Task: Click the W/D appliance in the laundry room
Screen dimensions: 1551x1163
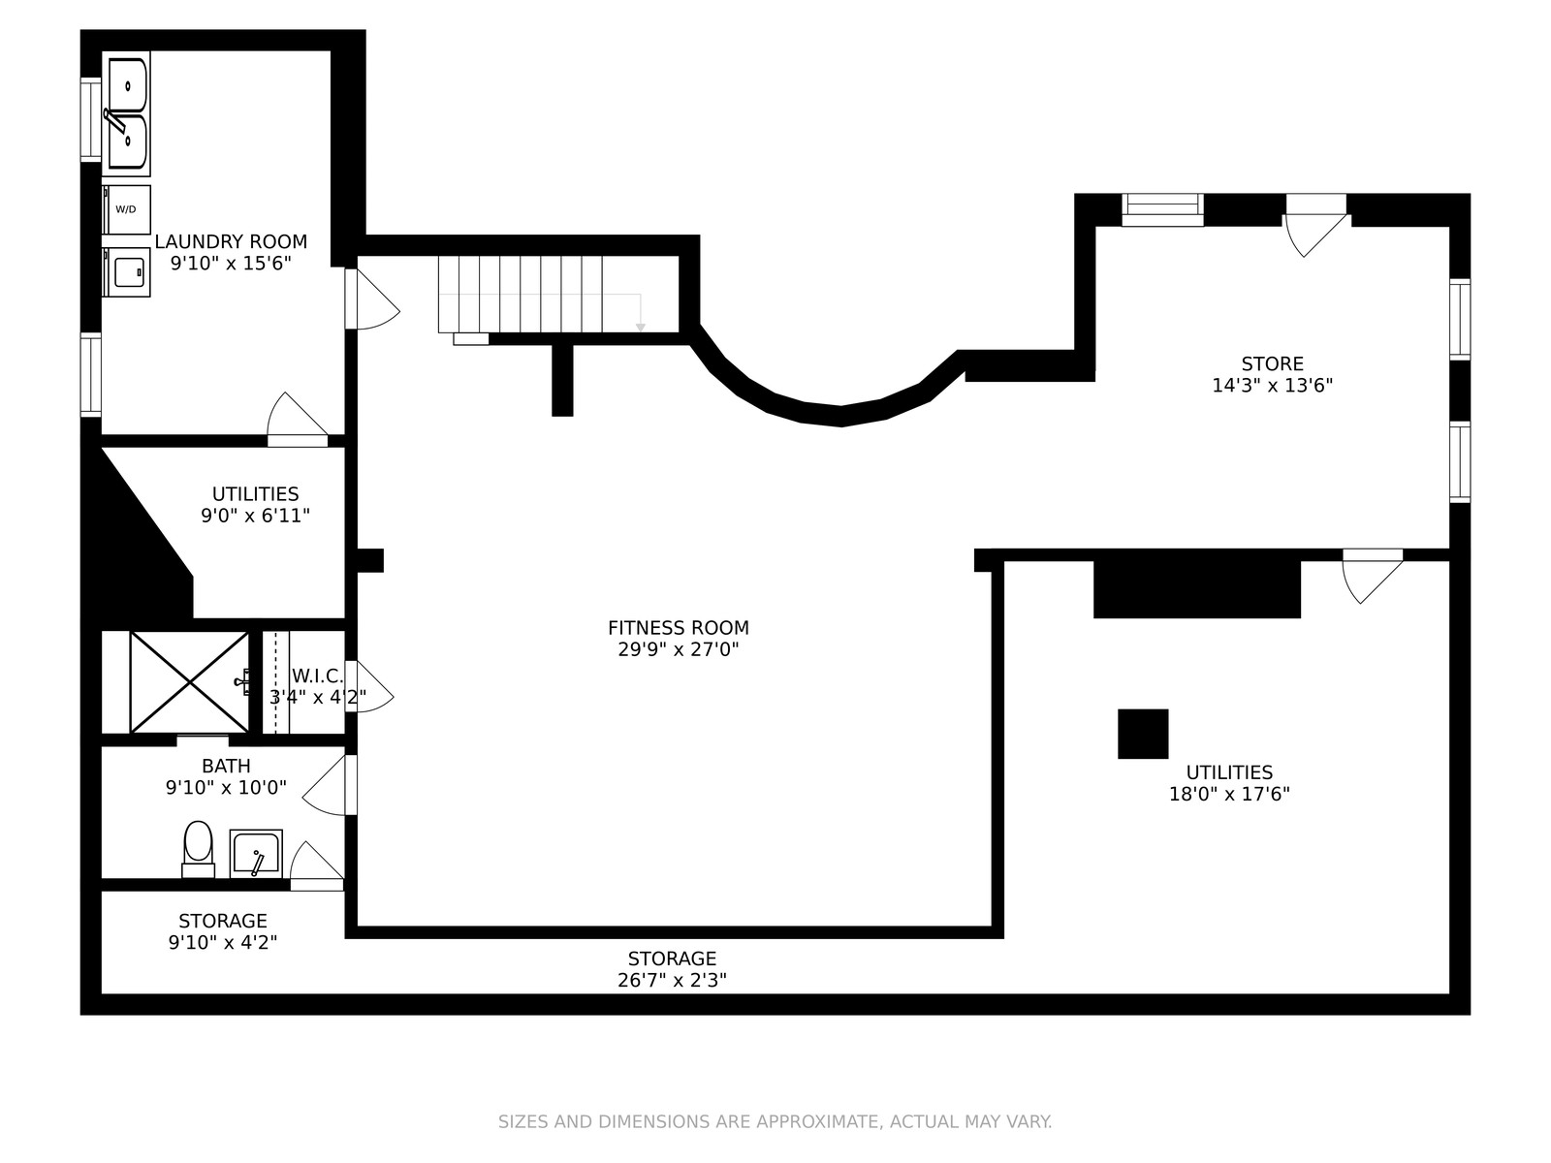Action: coord(126,209)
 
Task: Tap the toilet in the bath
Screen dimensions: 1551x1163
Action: coord(198,850)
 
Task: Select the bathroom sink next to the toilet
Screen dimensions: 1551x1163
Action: coord(256,854)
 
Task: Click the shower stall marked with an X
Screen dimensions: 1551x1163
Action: coord(189,682)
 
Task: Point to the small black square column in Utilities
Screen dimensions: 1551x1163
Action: coord(1143,734)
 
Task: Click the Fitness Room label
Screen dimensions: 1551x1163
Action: coord(679,628)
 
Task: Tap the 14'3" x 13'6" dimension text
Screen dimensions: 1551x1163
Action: coord(1273,386)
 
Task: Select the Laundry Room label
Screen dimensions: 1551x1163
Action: coord(231,241)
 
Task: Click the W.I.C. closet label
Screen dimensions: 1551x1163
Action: coord(317,676)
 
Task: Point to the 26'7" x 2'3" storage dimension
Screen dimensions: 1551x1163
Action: coord(672,980)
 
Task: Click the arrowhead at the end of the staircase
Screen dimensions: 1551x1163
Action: coord(640,328)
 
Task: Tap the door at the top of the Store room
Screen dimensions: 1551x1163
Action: coord(1315,225)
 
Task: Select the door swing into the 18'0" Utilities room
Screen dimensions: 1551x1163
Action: coord(1373,577)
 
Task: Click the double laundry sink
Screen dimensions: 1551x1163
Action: coord(127,113)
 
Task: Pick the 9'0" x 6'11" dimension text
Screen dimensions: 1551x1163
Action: coord(256,516)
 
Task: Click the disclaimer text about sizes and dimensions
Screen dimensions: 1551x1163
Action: coord(775,1121)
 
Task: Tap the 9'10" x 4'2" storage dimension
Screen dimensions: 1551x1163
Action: coord(223,942)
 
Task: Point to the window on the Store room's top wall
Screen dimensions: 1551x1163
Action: coord(1162,209)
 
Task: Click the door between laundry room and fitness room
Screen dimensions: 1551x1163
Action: coord(371,299)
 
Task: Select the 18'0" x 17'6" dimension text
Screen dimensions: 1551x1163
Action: coord(1229,794)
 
